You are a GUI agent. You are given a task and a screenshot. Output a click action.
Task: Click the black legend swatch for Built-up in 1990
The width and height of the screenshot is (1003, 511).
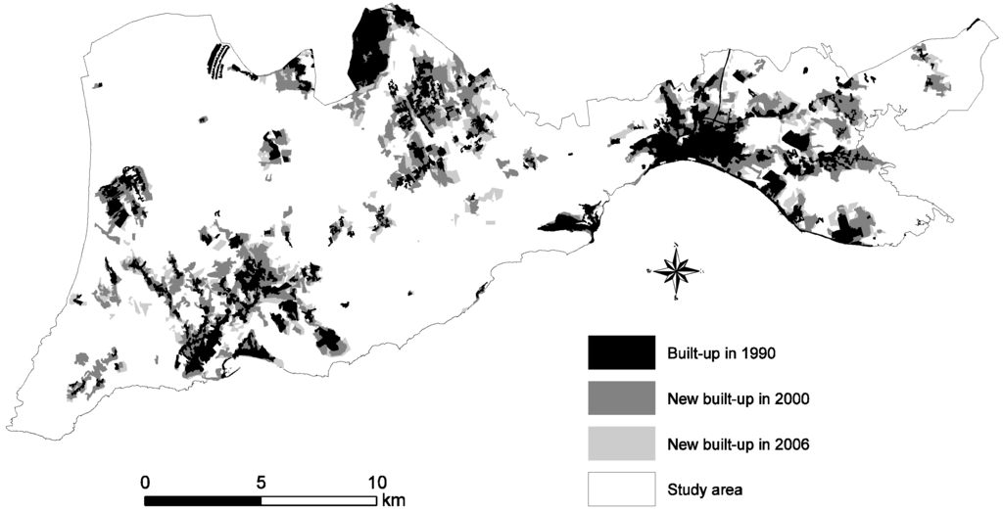tap(621, 352)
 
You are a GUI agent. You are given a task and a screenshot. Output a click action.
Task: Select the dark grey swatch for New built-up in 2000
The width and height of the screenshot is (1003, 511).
tap(621, 398)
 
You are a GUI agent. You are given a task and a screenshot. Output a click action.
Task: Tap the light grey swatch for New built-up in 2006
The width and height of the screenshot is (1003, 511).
tap(621, 443)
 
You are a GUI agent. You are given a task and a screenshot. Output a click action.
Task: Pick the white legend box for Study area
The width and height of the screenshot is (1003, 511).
tap(621, 488)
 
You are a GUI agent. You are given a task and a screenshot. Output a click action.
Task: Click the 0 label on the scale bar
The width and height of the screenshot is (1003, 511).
tap(145, 482)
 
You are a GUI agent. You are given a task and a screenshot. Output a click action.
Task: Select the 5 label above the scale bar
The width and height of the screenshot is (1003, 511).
tap(261, 482)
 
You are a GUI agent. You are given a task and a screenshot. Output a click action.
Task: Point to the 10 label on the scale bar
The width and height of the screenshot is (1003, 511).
tap(377, 482)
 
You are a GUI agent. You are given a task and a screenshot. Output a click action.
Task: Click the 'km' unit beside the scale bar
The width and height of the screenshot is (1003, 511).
tap(394, 500)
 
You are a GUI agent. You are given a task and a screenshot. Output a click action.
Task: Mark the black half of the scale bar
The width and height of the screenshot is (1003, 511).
tap(203, 500)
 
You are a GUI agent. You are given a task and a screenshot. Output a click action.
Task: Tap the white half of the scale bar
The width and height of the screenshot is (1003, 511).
tap(318, 500)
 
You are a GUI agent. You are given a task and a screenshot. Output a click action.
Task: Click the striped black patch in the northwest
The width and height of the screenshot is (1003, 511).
tap(218, 61)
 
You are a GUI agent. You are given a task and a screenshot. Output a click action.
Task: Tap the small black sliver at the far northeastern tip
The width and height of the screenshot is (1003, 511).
tap(974, 25)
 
